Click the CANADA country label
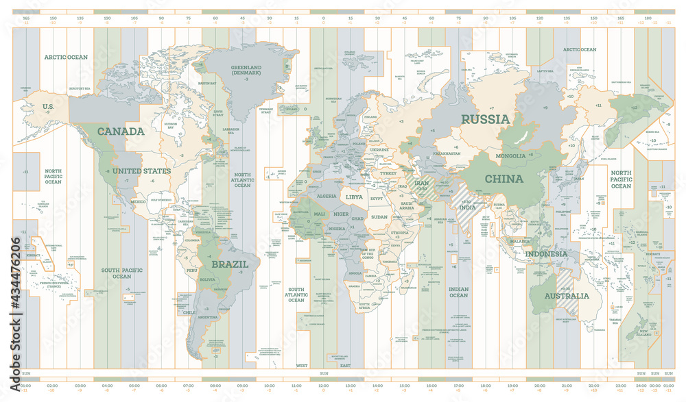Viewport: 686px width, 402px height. (x=121, y=131)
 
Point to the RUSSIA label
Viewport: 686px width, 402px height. (x=485, y=119)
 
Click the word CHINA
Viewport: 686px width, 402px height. (x=504, y=179)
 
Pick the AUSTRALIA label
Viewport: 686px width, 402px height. (x=567, y=297)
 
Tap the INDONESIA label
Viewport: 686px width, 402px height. (x=546, y=253)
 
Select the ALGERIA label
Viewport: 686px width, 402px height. (x=327, y=195)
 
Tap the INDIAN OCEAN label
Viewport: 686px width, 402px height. (x=458, y=292)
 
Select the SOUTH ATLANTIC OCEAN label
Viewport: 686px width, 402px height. (x=296, y=294)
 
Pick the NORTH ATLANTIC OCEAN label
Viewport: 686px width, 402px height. (x=242, y=181)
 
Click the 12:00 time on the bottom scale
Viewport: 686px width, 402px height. (x=323, y=387)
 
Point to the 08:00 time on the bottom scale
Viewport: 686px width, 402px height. (x=215, y=387)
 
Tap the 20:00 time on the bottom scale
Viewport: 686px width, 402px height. (x=540, y=387)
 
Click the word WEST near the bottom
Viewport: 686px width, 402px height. (x=302, y=366)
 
